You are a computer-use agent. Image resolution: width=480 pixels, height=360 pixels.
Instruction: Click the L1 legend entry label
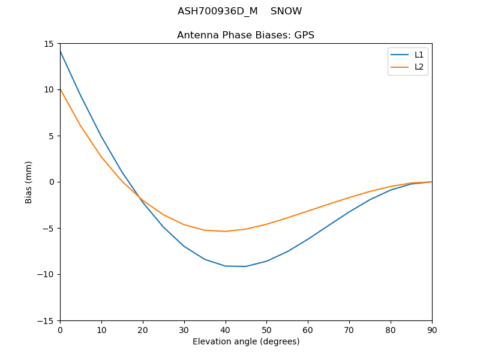pos(419,55)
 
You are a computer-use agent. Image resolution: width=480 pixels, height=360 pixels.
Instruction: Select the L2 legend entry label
pos(419,67)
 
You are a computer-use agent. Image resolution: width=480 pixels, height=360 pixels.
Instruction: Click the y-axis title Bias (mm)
pos(29,182)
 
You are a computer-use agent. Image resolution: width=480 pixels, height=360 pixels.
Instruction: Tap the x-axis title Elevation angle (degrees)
pos(246,341)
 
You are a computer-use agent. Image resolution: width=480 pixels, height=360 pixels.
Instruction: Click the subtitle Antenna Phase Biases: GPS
pos(245,35)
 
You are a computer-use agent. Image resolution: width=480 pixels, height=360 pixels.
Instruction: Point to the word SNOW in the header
pos(286,11)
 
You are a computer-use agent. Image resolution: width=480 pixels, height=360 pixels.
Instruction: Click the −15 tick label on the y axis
pos(47,320)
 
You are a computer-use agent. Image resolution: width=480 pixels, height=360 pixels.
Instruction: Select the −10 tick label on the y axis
pos(47,274)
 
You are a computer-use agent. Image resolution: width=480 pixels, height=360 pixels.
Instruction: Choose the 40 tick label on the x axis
pos(225,329)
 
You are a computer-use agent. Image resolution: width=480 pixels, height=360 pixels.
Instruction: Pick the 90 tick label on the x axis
pos(431,329)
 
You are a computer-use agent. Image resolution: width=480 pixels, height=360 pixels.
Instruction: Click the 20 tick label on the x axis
pos(143,329)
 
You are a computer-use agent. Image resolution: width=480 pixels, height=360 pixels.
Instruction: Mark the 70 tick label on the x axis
pos(349,329)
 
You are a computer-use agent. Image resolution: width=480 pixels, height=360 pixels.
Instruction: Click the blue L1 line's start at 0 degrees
pos(61,52)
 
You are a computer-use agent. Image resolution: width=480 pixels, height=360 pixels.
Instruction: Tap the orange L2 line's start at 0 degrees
pos(61,89)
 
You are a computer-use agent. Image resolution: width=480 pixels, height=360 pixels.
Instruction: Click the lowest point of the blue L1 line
pos(246,266)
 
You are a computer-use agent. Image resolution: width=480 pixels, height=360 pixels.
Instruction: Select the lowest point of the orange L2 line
pos(225,232)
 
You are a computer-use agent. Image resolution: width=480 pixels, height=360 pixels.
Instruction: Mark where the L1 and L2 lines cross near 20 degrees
pos(140,198)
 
